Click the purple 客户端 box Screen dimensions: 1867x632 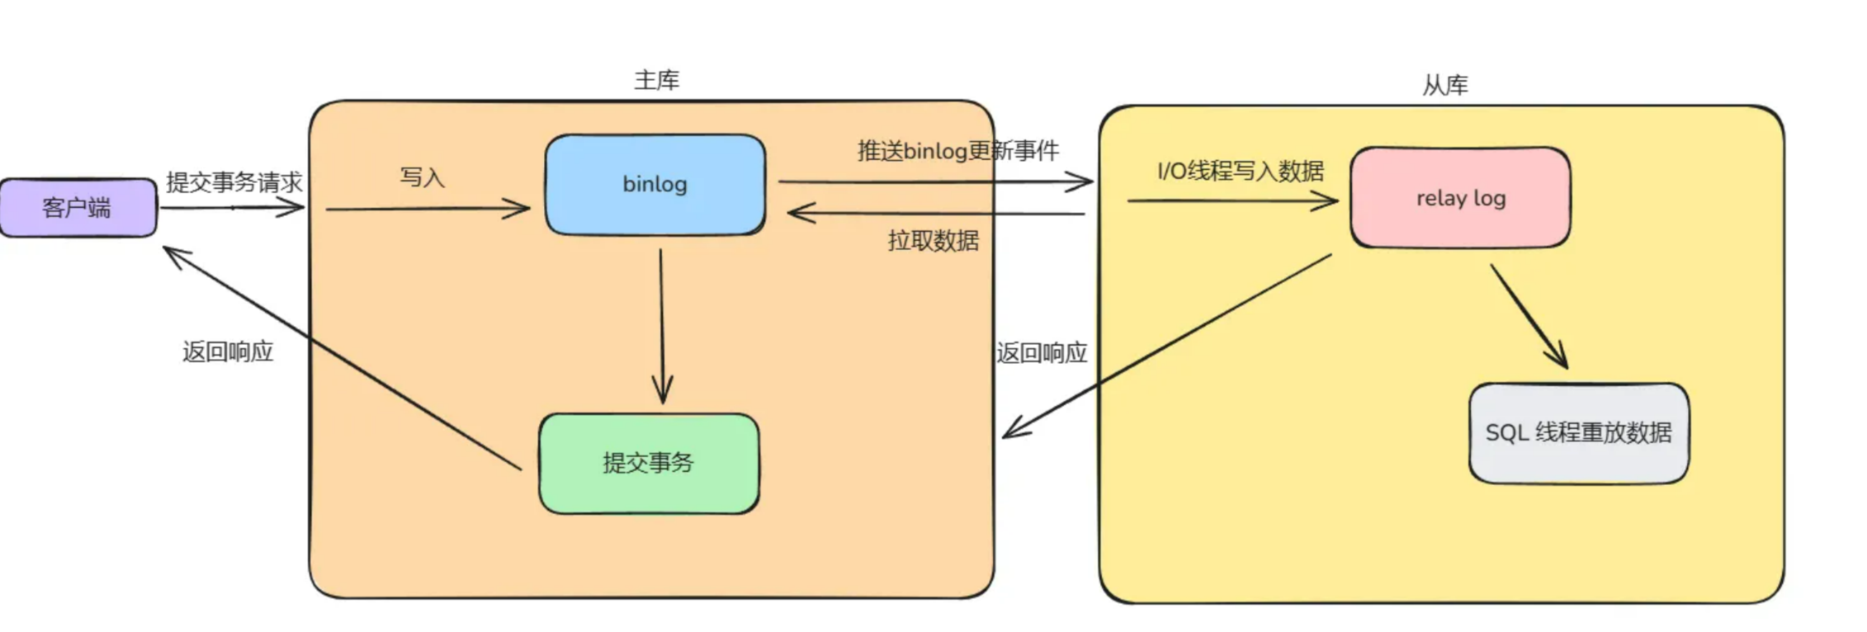point(78,207)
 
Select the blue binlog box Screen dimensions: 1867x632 point(655,184)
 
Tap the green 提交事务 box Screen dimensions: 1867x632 point(649,463)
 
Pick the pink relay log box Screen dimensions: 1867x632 point(1460,197)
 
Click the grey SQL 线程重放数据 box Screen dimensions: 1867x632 point(1579,432)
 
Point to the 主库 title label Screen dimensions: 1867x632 point(657,80)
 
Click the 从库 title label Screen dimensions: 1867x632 point(1445,85)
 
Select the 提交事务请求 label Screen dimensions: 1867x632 point(234,182)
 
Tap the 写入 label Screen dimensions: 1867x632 point(423,177)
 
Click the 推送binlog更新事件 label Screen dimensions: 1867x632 point(958,151)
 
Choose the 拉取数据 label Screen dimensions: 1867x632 point(933,241)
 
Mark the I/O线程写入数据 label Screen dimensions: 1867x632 point(1241,171)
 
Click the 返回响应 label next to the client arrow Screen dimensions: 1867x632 point(228,352)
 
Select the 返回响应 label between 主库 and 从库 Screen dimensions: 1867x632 point(1042,353)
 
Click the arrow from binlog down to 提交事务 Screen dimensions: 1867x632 point(662,327)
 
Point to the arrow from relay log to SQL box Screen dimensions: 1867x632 point(1529,316)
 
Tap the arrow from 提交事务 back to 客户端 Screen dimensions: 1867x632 point(342,358)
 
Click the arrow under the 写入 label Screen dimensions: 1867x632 point(428,209)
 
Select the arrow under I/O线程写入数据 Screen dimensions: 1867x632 point(1233,200)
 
